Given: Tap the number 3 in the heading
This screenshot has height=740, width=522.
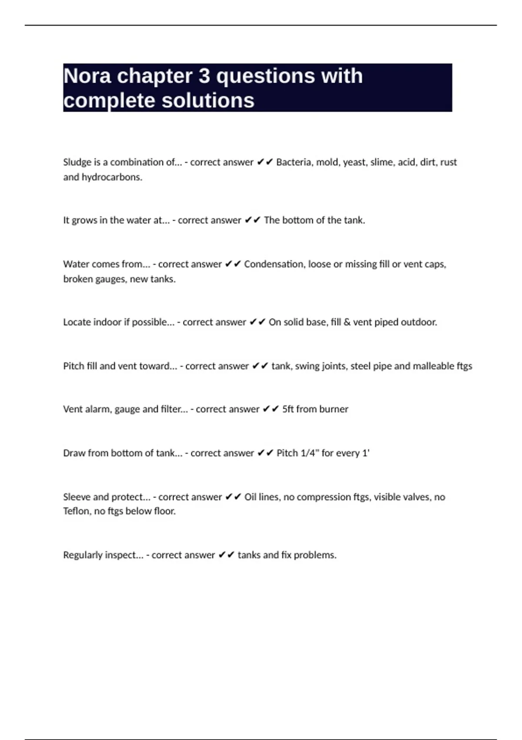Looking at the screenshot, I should click(204, 76).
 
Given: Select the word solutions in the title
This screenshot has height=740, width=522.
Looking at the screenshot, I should click(208, 101).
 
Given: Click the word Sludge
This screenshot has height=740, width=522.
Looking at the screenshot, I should click(77, 162).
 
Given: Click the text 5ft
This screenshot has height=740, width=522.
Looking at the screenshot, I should click(288, 409).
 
